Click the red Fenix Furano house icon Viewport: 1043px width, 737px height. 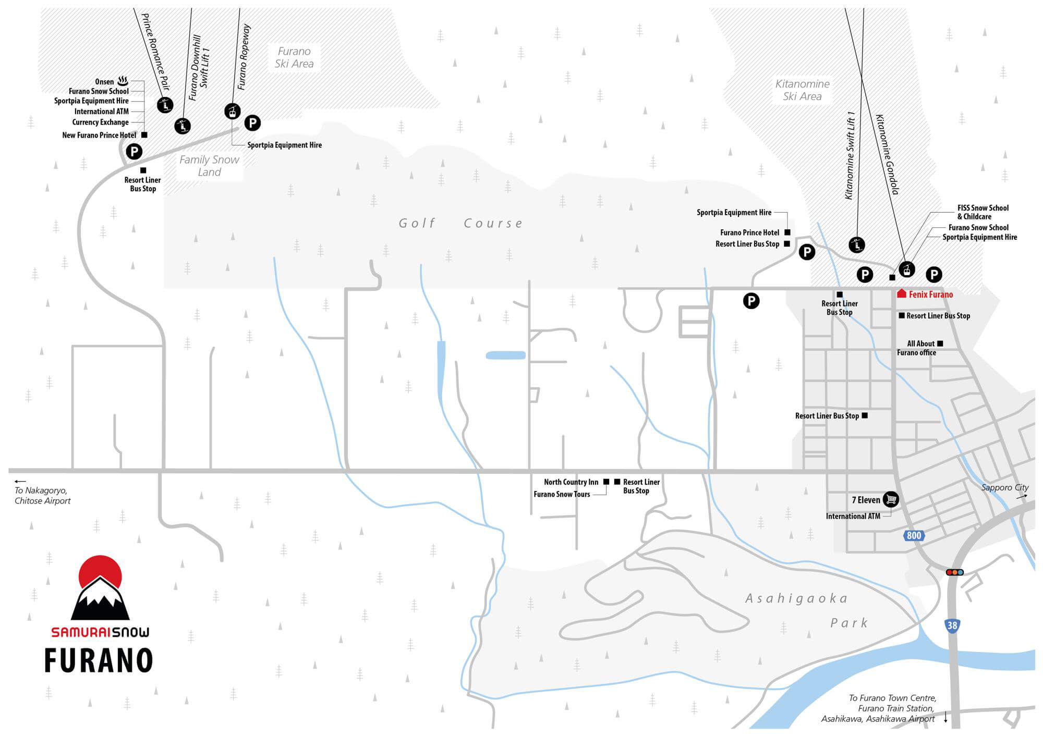click(902, 294)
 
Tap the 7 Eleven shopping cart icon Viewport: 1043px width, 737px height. click(891, 499)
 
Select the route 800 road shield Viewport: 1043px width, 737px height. click(914, 535)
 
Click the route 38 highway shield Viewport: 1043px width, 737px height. click(952, 625)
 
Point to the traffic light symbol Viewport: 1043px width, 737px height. click(955, 572)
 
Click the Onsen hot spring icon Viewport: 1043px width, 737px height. click(123, 81)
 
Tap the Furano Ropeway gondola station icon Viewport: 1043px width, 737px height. click(233, 111)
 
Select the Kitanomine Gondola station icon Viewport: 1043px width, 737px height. click(907, 269)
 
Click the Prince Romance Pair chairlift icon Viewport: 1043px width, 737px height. click(165, 105)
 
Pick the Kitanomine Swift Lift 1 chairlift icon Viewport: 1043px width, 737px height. click(857, 244)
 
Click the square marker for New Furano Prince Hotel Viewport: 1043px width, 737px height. click(144, 135)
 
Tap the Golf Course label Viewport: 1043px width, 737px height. click(460, 224)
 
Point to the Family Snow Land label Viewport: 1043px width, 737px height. click(209, 166)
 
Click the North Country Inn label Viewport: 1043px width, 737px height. click(571, 482)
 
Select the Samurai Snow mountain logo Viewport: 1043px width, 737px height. click(100, 588)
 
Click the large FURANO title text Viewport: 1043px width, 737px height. click(99, 660)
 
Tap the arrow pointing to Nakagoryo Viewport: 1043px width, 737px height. click(20, 482)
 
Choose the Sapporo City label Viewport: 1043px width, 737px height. click(1005, 488)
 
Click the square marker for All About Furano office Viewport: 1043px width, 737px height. click(940, 343)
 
